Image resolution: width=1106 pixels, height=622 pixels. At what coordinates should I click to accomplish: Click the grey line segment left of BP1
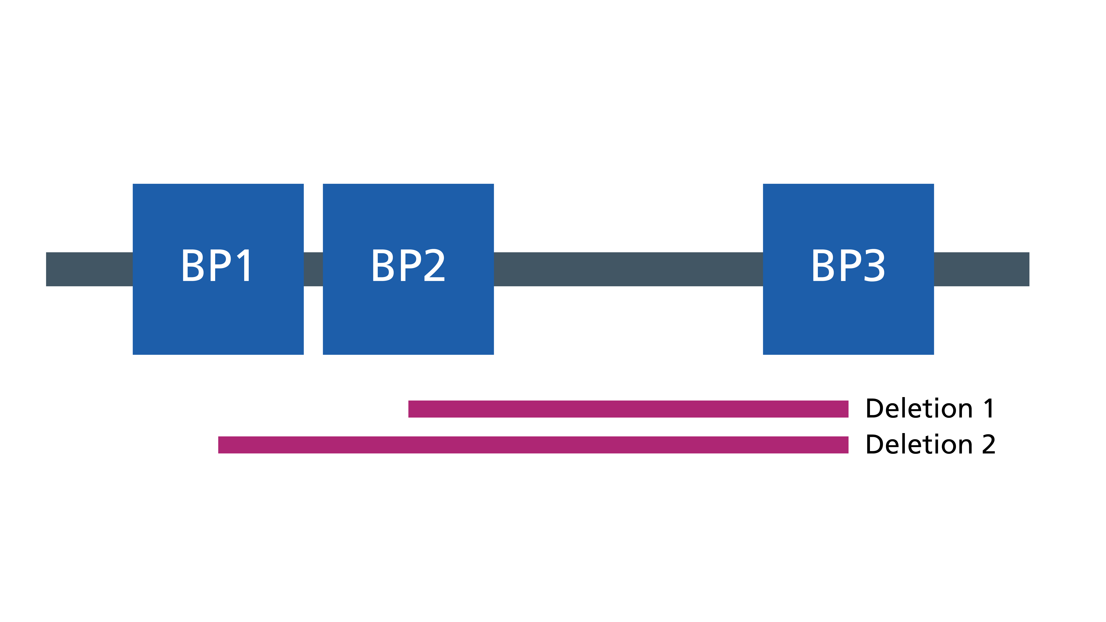coord(89,269)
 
